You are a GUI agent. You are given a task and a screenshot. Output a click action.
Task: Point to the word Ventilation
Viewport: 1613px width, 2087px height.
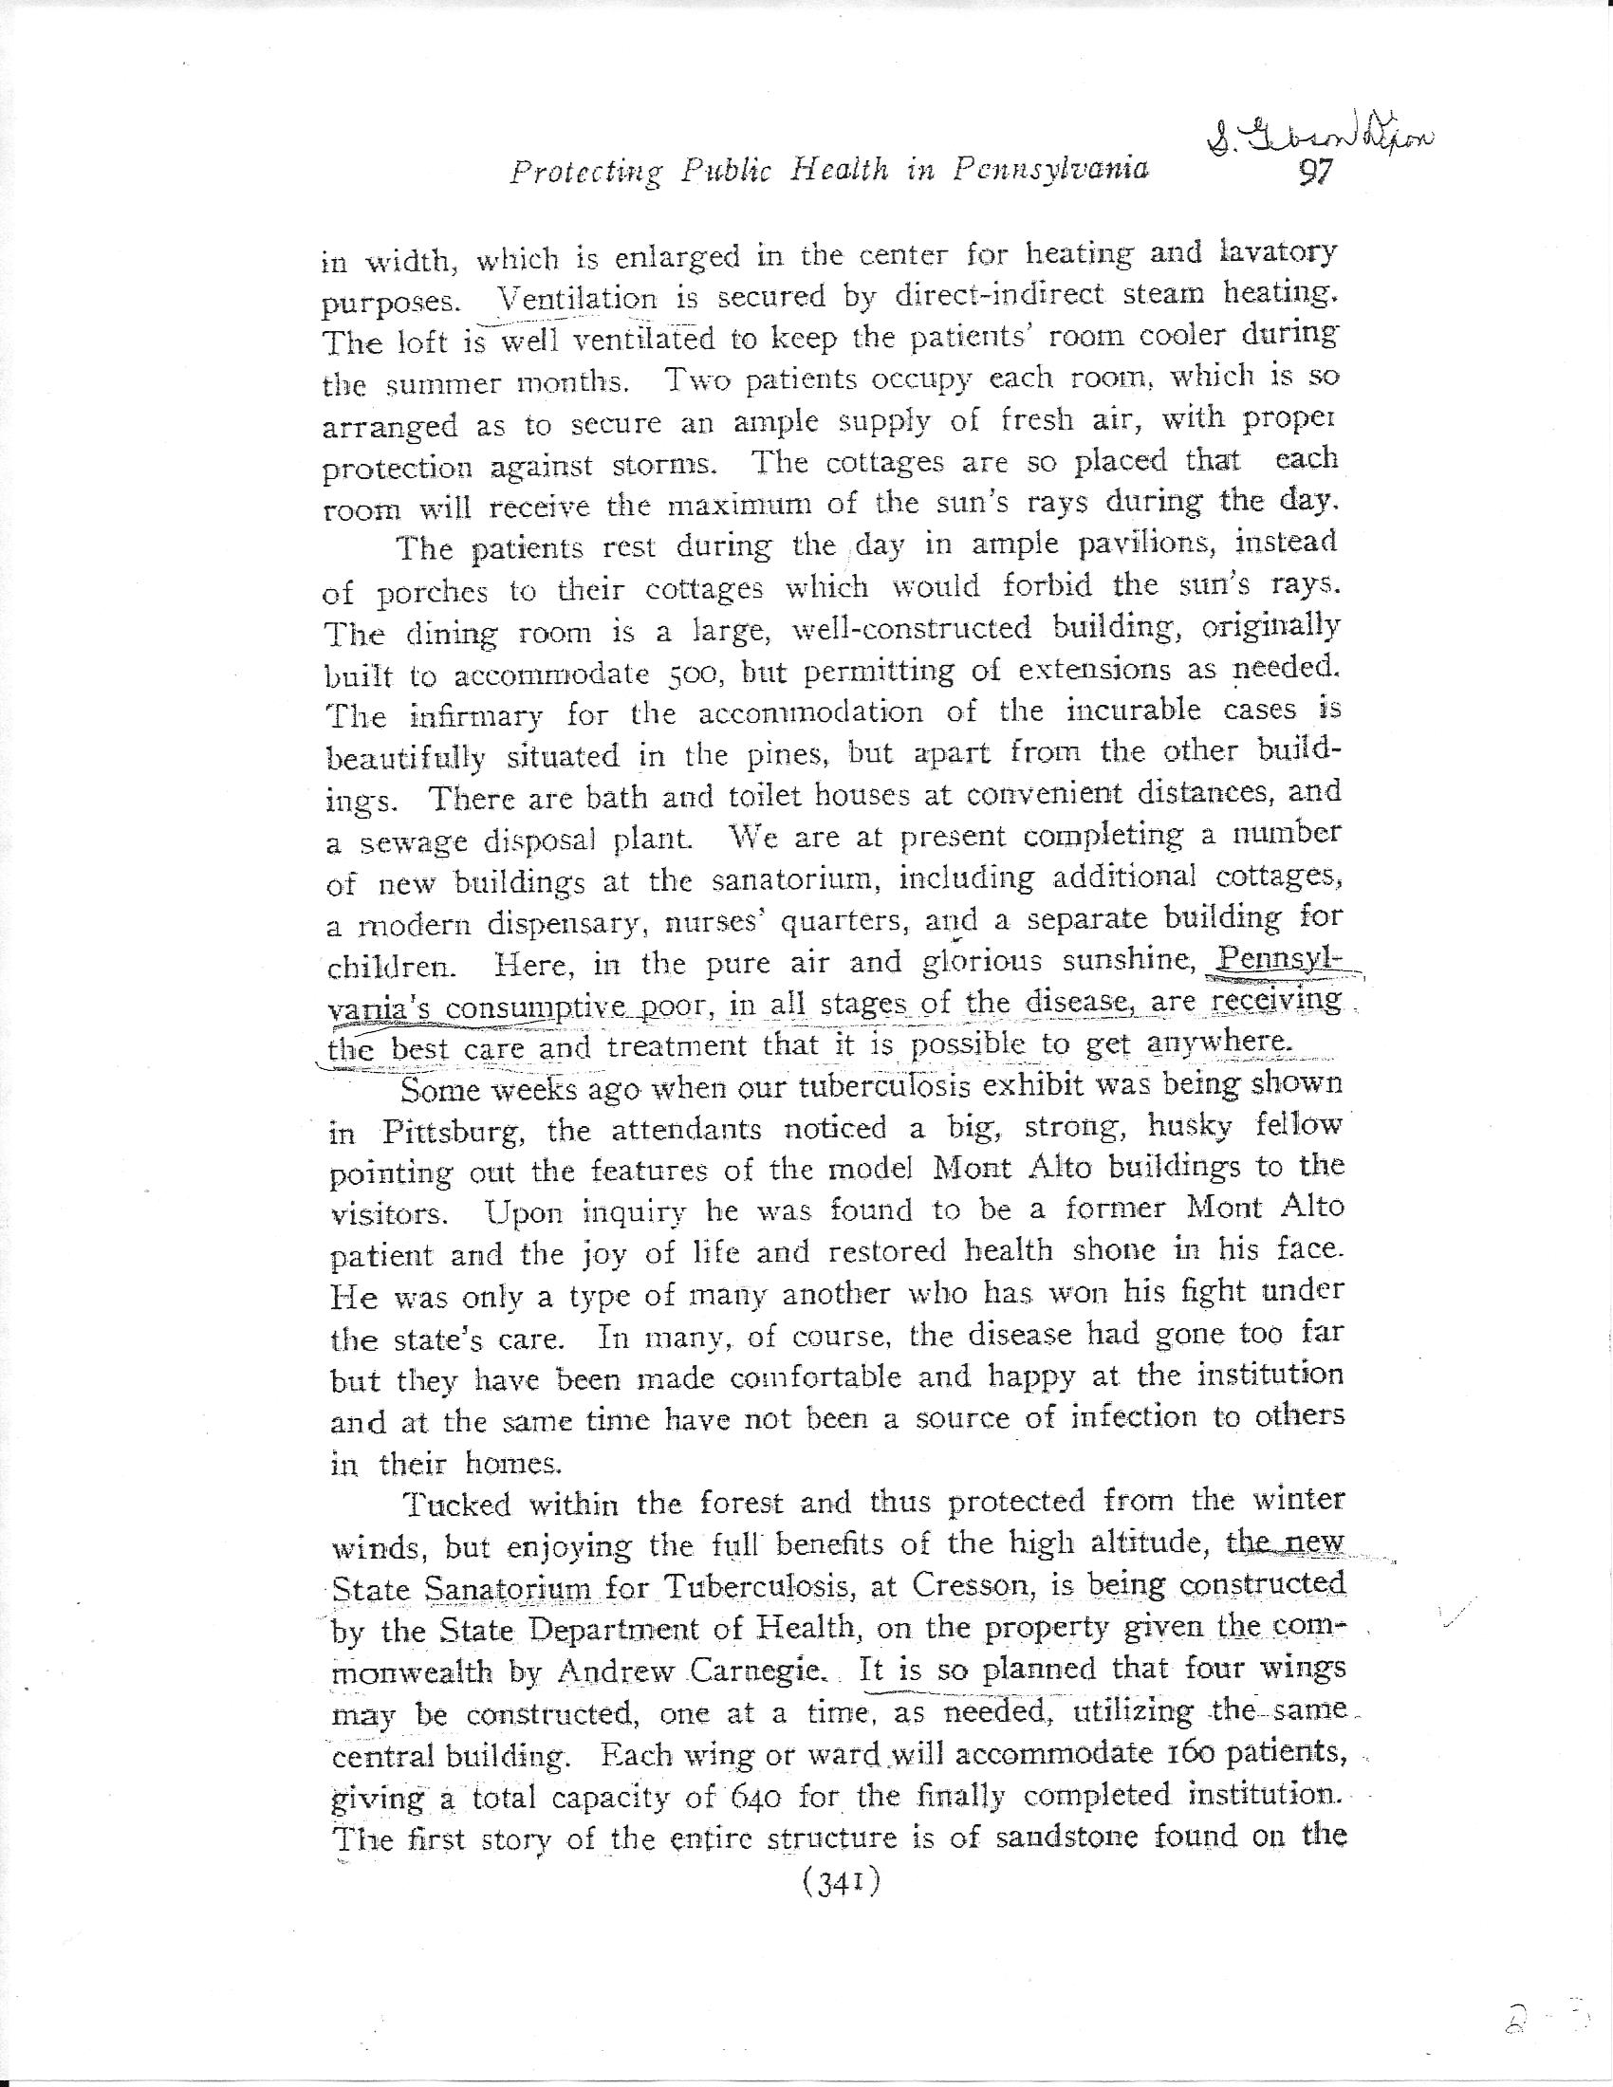[x=577, y=299]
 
